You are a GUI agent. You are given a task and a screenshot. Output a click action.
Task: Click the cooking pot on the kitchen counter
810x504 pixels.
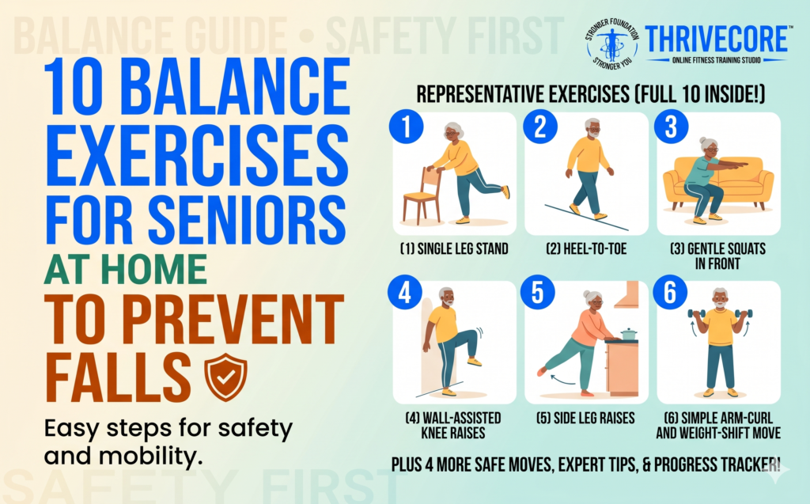point(628,334)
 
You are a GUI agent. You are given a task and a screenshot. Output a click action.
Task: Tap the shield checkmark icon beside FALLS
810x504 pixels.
point(225,377)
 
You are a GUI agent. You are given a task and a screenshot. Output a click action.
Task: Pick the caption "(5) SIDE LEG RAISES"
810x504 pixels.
point(586,418)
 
